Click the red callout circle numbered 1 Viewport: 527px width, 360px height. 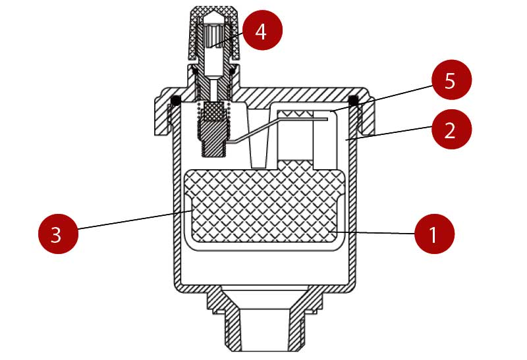tap(434, 234)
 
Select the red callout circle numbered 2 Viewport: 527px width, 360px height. tap(451, 129)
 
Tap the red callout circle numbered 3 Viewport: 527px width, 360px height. tap(58, 234)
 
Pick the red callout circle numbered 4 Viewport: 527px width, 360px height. tap(262, 30)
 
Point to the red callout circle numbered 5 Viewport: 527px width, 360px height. tap(452, 80)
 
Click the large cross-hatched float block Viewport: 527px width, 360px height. tap(264, 205)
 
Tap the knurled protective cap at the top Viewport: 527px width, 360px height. tap(214, 34)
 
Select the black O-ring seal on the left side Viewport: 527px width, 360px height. tap(176, 100)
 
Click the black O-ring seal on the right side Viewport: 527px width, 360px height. tap(353, 100)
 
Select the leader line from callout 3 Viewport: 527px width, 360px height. tap(135, 219)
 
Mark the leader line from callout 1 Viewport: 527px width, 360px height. tap(372, 232)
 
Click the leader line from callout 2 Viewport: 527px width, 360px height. tap(389, 133)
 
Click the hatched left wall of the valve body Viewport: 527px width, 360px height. tap(177, 195)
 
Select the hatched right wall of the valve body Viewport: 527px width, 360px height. tap(352, 195)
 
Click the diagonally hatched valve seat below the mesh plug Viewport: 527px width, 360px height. tap(213, 138)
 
